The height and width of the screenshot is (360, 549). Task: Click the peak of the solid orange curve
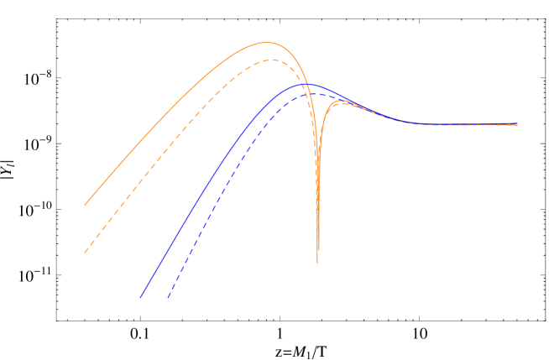pos(266,42)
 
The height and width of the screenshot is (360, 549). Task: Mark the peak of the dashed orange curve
pos(269,60)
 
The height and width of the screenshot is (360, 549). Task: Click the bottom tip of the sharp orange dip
pos(317,262)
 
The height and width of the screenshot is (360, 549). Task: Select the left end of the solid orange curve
pos(85,205)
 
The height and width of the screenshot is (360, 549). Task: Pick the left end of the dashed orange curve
pos(85,252)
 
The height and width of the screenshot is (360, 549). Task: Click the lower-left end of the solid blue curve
pos(140,297)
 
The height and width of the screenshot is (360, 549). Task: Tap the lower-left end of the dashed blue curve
pos(168,297)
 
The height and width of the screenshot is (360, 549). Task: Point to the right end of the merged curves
pos(517,124)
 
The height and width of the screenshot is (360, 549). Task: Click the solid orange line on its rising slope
pos(168,117)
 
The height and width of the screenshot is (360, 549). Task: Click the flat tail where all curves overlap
pos(462,124)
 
